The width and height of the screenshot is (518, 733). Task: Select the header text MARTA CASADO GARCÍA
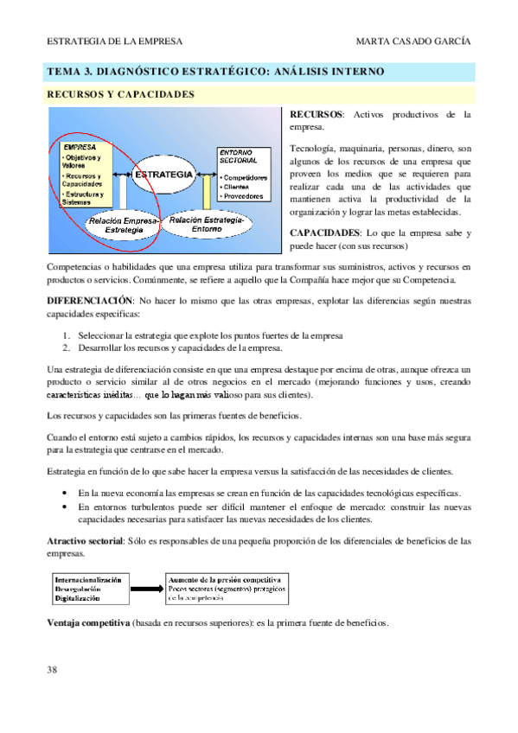(413, 41)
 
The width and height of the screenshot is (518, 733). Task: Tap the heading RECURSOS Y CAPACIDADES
(120, 93)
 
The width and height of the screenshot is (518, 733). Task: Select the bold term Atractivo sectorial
(86, 540)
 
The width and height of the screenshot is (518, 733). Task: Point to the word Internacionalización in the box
(88, 578)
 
